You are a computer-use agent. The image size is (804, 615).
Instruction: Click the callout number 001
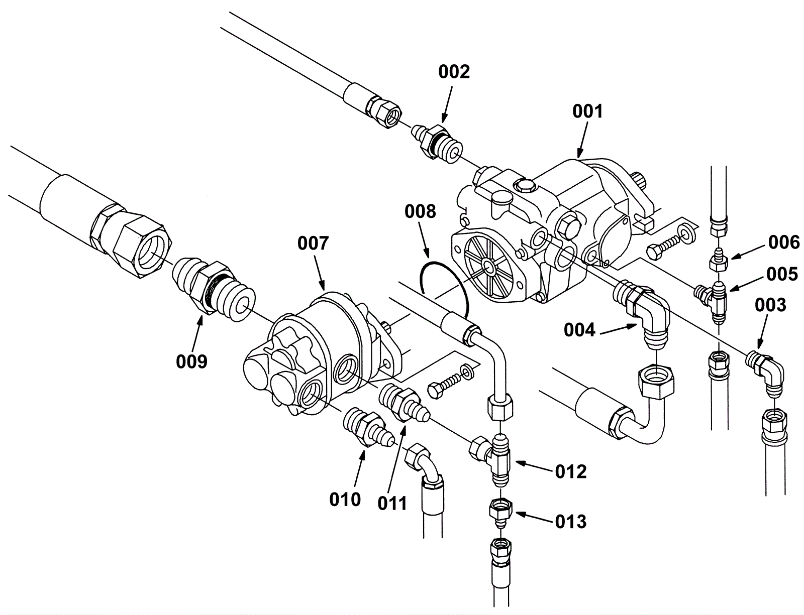[587, 111]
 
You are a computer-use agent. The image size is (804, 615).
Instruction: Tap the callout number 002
[453, 72]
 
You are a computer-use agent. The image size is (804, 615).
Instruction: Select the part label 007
[313, 244]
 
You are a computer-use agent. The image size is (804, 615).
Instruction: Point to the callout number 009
[191, 360]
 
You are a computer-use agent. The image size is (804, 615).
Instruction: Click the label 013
[571, 522]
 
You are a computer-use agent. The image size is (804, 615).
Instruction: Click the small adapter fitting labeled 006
[719, 259]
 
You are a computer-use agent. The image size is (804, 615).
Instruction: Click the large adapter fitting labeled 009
[211, 287]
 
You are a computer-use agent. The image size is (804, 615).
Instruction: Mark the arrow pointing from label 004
[618, 328]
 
